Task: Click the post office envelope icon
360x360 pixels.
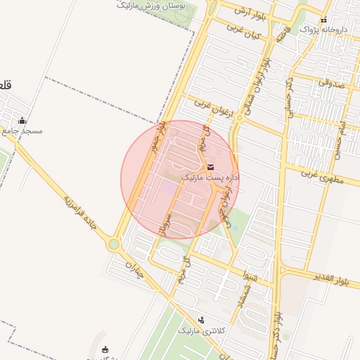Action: pyautogui.click(x=211, y=167)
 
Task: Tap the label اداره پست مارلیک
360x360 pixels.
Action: pyautogui.click(x=210, y=179)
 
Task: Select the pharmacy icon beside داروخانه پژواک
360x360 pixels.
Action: pyautogui.click(x=323, y=20)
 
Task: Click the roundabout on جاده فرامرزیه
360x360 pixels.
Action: pyautogui.click(x=114, y=245)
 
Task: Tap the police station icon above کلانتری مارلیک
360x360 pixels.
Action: pyautogui.click(x=202, y=320)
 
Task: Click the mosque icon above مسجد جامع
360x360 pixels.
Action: pyautogui.click(x=22, y=120)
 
